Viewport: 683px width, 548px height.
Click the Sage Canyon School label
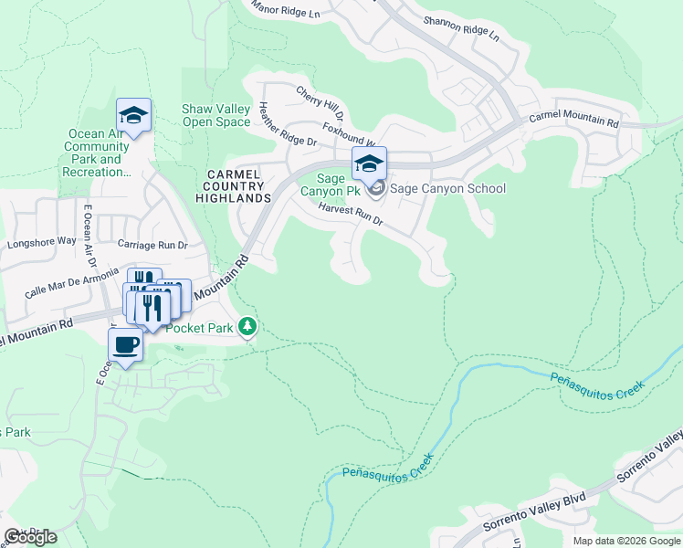pos(447,189)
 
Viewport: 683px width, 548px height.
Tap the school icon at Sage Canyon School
pos(369,164)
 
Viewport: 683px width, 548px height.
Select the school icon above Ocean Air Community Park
pos(133,116)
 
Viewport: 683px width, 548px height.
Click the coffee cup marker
pos(125,346)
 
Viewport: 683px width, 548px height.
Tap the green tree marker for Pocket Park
pos(247,326)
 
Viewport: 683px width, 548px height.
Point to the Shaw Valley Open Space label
pos(216,115)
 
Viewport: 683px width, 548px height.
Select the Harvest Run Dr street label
pos(350,216)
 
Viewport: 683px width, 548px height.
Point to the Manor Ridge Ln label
pos(289,10)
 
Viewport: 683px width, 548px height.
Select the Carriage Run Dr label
pos(152,245)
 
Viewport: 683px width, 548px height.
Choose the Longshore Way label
pos(42,243)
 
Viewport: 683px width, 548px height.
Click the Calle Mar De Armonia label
pos(72,282)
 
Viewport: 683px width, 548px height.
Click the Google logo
pos(30,537)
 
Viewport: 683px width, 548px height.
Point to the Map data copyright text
pos(625,541)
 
